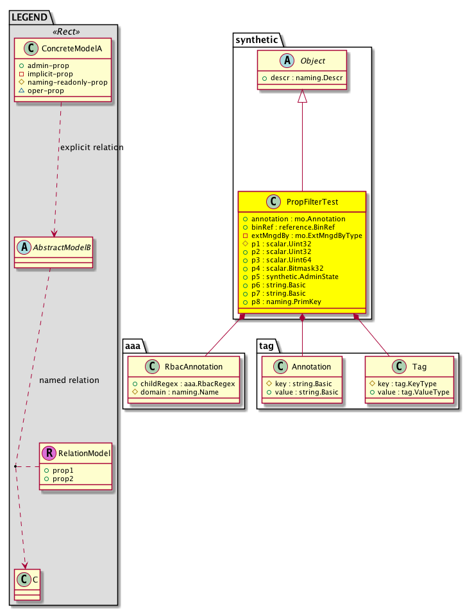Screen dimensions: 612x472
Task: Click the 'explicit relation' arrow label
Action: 91,148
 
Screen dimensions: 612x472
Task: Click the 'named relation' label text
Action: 69,380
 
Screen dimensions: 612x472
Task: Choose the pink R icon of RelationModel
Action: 49,453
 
